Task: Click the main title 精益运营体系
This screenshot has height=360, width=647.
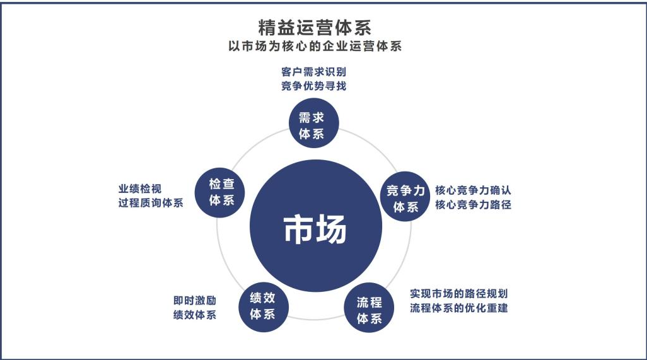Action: point(314,28)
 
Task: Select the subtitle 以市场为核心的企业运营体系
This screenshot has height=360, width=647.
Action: point(314,47)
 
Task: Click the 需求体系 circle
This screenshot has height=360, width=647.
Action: point(314,122)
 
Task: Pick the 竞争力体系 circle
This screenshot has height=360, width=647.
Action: point(405,197)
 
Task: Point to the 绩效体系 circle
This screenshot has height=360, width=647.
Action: point(263,305)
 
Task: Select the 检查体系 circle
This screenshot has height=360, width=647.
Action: point(221,192)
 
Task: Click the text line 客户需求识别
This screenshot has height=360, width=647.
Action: point(313,72)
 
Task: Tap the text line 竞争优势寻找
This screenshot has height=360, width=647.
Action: point(313,86)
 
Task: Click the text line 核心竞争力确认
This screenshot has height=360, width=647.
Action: point(473,190)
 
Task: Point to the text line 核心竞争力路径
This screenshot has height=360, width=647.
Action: point(473,205)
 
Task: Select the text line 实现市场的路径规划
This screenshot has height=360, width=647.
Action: point(459,294)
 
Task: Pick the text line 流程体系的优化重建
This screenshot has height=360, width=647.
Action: point(459,308)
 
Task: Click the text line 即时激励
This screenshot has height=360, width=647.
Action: point(195,300)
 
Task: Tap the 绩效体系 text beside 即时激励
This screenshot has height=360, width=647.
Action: point(195,315)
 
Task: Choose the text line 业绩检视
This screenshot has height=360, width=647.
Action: point(139,189)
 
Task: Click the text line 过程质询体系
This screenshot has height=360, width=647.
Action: point(150,204)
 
